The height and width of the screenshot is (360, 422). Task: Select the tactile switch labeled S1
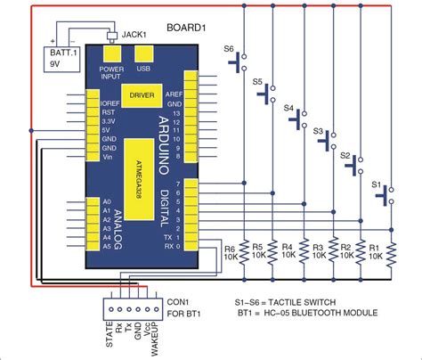click(x=389, y=194)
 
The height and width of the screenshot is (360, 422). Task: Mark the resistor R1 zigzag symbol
click(x=391, y=255)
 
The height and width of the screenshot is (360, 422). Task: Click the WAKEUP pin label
click(x=154, y=337)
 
